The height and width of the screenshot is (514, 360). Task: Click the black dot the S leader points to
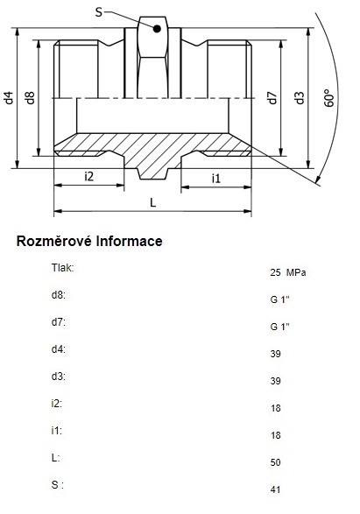pos(157,29)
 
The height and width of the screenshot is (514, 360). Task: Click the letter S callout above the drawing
pos(99,12)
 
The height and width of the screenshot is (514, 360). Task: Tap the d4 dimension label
pos(9,98)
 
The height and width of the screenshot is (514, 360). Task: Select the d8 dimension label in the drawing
pos(30,98)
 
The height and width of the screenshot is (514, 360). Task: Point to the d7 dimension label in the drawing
pos(272,98)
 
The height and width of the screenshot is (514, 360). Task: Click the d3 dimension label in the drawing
pos(300,98)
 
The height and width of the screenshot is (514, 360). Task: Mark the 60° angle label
pos(329,98)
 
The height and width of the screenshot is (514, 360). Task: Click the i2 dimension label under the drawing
pos(88,176)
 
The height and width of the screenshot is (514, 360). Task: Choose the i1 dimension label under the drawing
pos(216,179)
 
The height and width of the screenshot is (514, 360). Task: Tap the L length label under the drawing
pos(152,202)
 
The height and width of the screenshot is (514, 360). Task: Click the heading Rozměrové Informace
pos(89,241)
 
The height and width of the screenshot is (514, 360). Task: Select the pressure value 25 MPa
pos(288,272)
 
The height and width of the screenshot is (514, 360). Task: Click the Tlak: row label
pos(62,267)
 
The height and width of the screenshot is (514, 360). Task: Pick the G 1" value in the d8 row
pos(280,299)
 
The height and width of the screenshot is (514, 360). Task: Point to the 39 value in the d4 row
pos(275,354)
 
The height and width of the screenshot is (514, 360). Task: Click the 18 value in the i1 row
pos(275,435)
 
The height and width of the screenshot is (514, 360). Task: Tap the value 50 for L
pos(275,462)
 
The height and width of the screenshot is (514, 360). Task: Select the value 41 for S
pos(275,489)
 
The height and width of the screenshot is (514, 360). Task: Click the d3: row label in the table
pos(59,376)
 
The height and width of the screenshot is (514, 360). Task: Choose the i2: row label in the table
pos(56,403)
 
